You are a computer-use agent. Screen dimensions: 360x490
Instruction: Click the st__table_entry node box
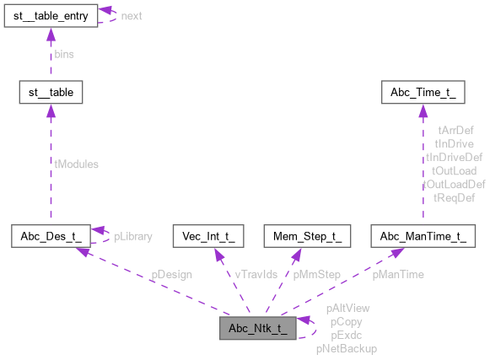(50, 14)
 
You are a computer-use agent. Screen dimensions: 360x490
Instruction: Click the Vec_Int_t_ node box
(207, 235)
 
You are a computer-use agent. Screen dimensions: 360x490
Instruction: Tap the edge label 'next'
(132, 16)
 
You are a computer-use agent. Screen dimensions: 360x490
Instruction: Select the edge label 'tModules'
(77, 164)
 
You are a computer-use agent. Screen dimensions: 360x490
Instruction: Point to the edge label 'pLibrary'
(133, 236)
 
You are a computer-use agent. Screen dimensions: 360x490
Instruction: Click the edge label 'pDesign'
(171, 275)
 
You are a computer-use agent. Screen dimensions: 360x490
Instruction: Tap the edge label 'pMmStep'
(316, 275)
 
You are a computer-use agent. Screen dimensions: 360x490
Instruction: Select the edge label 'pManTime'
(398, 275)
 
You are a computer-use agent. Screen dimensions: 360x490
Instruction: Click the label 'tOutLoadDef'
(454, 184)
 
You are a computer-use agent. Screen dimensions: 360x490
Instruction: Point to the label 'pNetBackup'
(347, 348)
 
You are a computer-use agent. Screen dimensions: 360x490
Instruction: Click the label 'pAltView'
(347, 309)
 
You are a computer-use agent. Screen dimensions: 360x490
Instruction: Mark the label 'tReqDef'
(454, 197)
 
